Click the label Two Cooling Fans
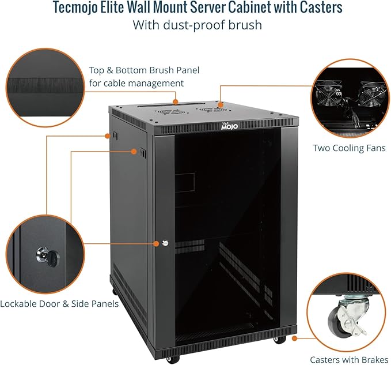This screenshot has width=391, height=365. pyautogui.click(x=349, y=148)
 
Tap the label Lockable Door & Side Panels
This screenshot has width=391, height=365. pyautogui.click(x=59, y=303)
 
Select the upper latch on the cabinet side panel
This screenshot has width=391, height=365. pyautogui.click(x=114, y=136)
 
